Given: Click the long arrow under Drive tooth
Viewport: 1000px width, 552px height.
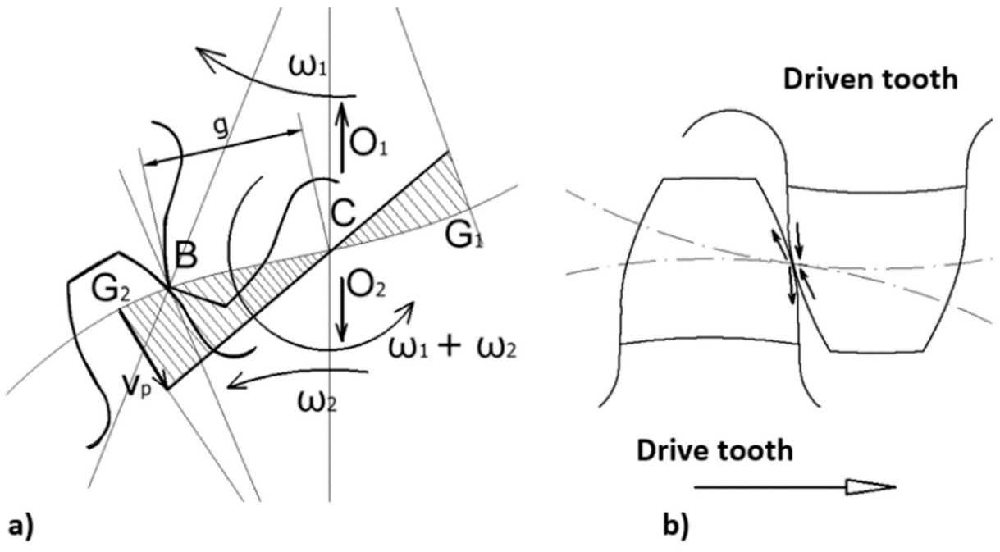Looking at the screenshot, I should click(x=794, y=487).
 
